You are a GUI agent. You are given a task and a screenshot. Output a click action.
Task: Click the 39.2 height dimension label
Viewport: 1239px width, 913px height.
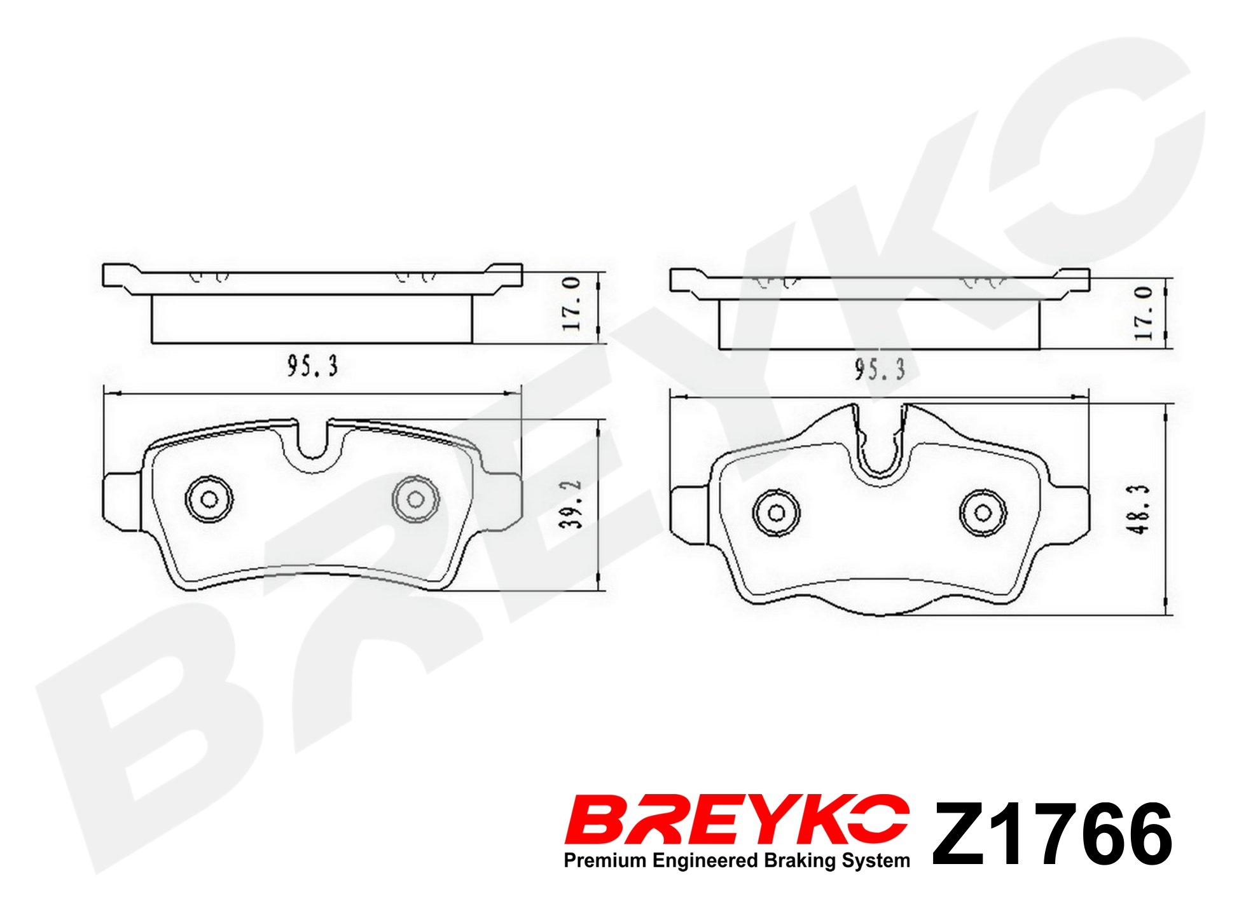click(571, 504)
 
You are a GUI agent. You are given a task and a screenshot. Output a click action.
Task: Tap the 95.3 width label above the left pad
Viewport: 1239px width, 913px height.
click(312, 366)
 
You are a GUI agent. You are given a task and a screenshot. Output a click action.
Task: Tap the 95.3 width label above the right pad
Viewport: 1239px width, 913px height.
click(880, 369)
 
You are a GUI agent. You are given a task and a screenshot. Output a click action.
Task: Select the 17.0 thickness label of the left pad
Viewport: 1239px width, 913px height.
click(571, 303)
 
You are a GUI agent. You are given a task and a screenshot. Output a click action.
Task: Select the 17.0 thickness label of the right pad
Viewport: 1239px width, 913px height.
click(1143, 313)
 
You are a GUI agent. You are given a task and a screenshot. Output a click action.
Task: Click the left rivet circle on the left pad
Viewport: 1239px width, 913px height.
click(209, 499)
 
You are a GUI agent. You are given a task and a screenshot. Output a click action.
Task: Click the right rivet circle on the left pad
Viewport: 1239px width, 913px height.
click(415, 499)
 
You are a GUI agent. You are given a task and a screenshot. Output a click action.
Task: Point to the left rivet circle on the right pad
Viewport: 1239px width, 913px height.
click(776, 512)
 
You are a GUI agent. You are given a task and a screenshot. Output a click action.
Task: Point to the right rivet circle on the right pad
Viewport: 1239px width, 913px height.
click(983, 512)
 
